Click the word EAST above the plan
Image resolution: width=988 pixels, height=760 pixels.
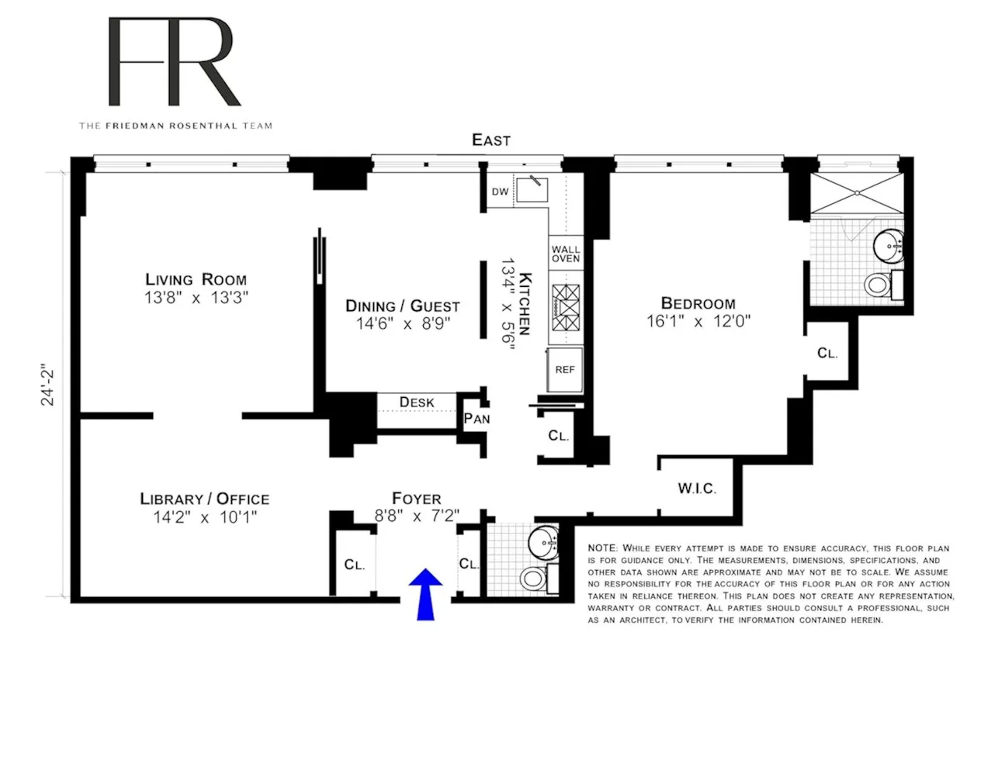491,140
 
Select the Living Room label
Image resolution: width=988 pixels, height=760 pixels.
196,279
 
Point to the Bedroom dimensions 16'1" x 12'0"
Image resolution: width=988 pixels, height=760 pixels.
698,321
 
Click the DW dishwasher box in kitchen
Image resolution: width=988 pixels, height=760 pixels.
500,192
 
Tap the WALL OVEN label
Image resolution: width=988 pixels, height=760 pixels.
565,254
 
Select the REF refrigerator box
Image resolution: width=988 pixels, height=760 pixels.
564,370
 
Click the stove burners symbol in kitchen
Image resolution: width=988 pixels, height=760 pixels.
565,308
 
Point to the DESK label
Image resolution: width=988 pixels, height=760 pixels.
417,402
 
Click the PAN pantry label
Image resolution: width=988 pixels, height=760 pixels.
477,419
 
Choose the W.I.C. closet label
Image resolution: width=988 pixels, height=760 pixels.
696,489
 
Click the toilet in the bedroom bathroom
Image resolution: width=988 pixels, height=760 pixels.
878,285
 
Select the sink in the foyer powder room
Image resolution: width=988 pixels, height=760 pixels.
543,542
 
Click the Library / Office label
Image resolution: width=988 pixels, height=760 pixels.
204,499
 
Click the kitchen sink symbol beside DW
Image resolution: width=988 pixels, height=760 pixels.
532,188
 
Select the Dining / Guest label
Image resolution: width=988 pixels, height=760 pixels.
402,306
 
